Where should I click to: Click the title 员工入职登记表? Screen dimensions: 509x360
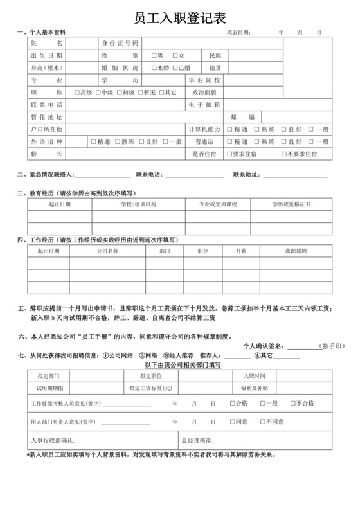point(180,16)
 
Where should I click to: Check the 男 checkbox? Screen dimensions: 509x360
point(154,55)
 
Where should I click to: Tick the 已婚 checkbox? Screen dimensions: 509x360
point(175,67)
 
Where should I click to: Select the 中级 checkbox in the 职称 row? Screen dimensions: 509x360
point(98,93)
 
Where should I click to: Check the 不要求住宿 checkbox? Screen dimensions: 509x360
point(284,154)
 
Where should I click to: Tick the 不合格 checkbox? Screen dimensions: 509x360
point(294,403)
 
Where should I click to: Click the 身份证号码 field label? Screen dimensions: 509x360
point(120,43)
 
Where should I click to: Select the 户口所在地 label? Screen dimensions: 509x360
point(46,129)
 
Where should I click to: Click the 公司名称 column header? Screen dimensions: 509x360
point(107,251)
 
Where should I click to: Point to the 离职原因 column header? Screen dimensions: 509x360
point(296,251)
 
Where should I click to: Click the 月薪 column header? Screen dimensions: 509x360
point(241,251)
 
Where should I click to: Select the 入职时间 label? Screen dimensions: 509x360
point(253,375)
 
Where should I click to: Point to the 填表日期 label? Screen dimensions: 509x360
point(239,32)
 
